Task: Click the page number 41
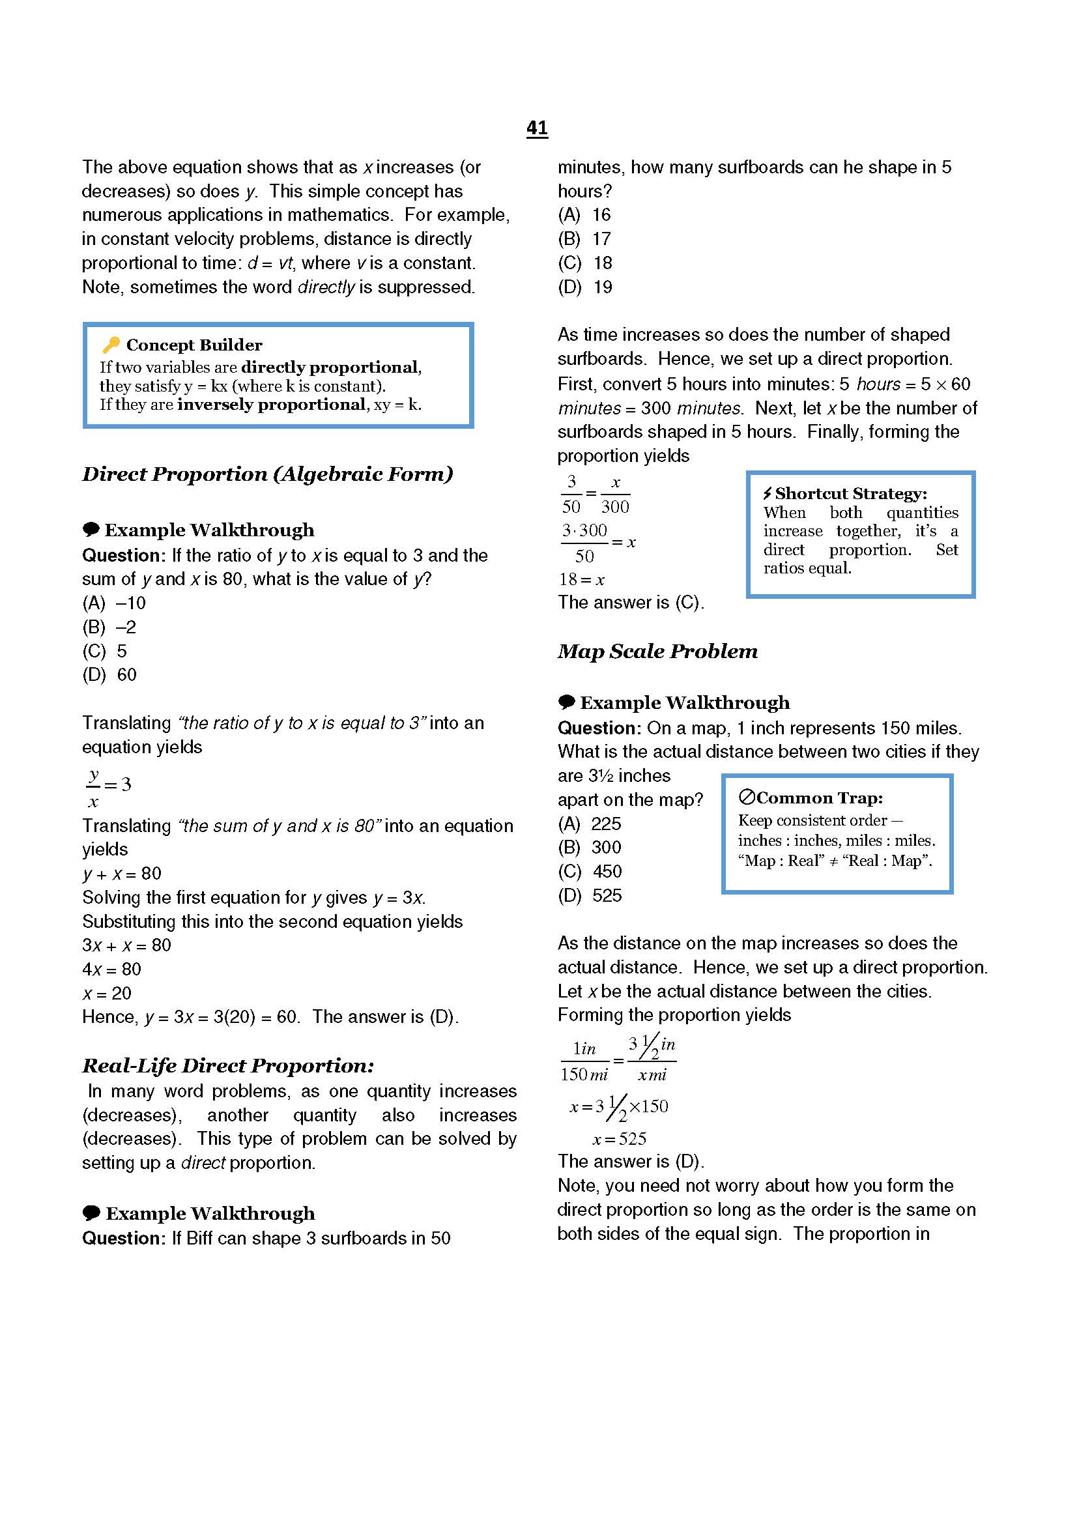537,128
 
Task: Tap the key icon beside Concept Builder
111,345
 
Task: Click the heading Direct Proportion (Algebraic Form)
267,474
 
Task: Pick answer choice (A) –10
113,603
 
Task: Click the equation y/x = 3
109,786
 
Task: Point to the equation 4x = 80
111,969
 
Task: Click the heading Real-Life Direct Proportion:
227,1065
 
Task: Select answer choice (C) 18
584,263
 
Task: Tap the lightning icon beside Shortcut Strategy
767,493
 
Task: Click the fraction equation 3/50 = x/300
596,495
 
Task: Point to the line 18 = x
581,579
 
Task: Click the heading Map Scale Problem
657,651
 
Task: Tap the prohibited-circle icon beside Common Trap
747,797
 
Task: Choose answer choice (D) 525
589,895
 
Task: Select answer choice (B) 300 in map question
589,847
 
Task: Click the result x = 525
619,1139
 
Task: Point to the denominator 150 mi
584,1074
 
